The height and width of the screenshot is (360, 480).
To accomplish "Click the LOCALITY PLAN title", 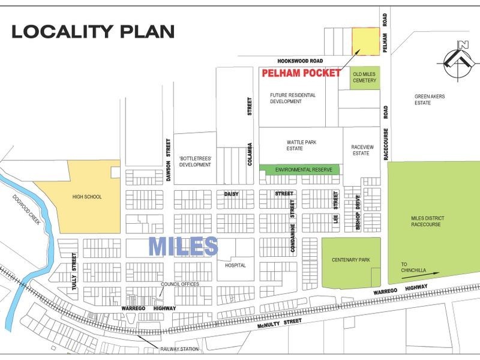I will coord(93,32).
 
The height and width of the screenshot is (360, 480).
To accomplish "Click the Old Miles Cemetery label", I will coord(365,77).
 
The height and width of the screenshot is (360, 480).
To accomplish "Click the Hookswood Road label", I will coord(301,61).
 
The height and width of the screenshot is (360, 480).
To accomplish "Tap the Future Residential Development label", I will coord(292,98).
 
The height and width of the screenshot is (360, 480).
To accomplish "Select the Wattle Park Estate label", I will coord(302,146).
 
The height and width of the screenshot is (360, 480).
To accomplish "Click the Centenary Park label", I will coord(350,261).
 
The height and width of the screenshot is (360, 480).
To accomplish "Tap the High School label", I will coord(86,196).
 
